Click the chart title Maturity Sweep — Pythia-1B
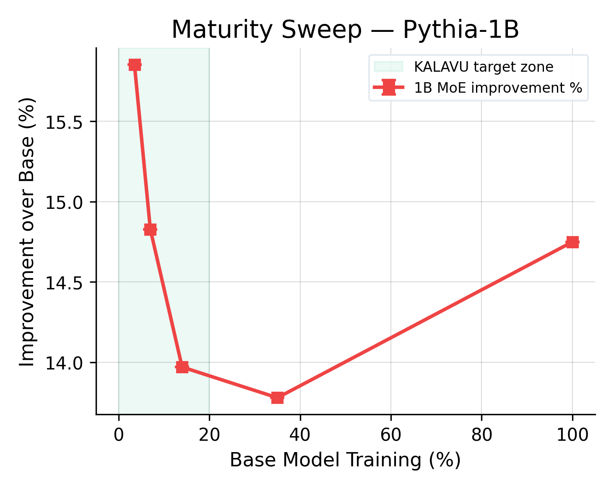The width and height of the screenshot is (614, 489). coord(345,30)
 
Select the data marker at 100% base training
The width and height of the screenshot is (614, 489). coord(572,242)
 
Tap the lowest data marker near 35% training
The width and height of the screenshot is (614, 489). coord(277,398)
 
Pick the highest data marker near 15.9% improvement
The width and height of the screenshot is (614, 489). coord(135,65)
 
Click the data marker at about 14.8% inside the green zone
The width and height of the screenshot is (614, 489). coord(150,229)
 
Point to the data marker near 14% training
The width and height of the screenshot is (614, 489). coord(182,367)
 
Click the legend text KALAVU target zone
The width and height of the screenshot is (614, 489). coord(484,67)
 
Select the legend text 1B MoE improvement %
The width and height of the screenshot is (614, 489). coord(498,88)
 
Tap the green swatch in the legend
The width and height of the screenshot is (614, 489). coord(388,67)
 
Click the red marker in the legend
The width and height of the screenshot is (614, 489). coord(388,88)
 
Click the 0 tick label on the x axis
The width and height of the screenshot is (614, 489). coord(119,435)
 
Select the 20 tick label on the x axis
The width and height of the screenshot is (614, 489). coord(209,435)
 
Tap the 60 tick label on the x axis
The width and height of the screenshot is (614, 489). coord(390,435)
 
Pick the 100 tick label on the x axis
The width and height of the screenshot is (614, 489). coord(572,435)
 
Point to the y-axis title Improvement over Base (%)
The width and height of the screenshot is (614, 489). coord(28,231)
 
